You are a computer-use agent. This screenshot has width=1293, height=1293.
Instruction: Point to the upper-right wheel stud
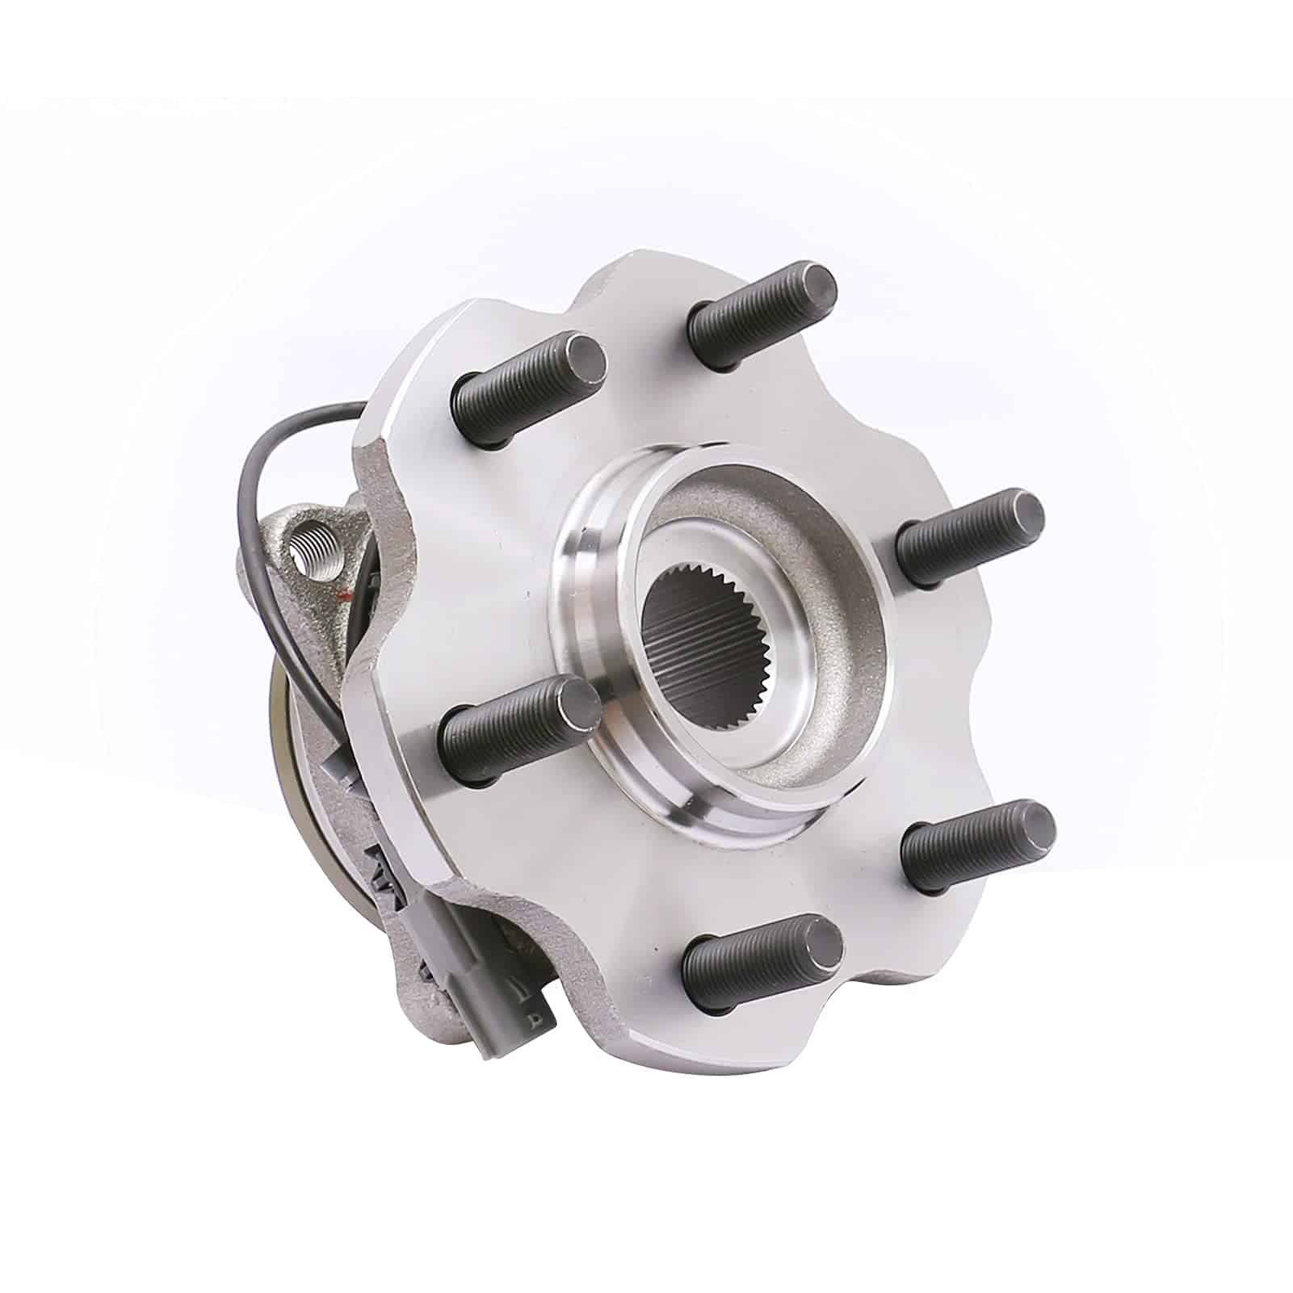(x=969, y=537)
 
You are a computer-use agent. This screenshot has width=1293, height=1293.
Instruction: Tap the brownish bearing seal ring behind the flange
(x=279, y=711)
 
